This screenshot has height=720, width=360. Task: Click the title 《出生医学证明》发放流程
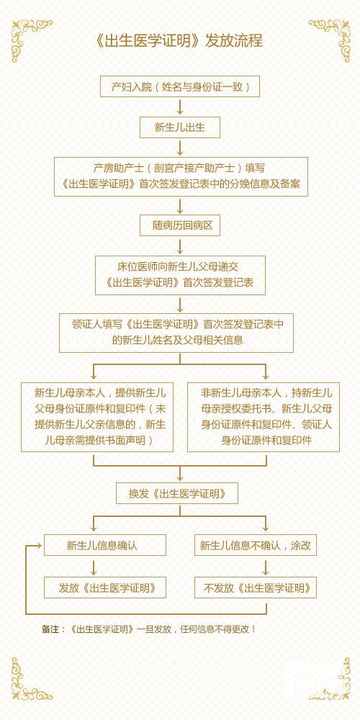[x=179, y=41]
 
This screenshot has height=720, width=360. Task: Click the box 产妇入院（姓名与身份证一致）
[x=180, y=86]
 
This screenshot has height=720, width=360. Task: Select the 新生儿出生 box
[x=180, y=127]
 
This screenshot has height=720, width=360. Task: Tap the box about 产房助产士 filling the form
[x=181, y=177]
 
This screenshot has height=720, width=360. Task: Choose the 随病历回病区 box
[x=180, y=225]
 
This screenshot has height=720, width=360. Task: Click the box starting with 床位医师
[x=181, y=275]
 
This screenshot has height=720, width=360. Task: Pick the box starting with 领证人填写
[x=176, y=333]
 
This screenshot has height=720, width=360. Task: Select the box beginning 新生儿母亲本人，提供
[x=97, y=417]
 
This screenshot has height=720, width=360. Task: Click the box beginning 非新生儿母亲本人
[x=264, y=417]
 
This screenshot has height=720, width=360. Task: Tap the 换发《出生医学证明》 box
[x=177, y=493]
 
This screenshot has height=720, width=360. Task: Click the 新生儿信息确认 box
[x=105, y=545]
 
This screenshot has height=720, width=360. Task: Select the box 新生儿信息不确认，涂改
[x=256, y=545]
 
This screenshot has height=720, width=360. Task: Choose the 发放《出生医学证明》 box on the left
[x=105, y=588]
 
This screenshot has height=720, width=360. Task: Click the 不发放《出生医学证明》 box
[x=256, y=588]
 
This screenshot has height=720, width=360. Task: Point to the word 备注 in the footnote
[x=50, y=629]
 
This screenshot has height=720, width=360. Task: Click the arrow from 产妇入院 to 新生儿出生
[x=180, y=107]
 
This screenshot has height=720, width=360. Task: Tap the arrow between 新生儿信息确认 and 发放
[x=94, y=567]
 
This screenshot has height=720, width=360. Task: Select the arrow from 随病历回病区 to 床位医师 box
[x=180, y=246]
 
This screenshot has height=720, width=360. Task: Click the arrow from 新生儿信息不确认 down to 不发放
[x=266, y=567]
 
